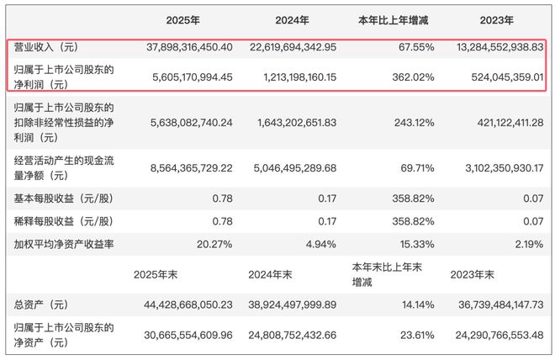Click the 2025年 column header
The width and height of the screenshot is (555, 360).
click(x=182, y=20)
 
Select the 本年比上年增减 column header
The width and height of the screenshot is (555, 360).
click(x=393, y=20)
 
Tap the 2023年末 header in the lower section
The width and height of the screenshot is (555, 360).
click(x=472, y=275)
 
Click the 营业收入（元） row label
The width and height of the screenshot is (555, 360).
click(x=45, y=47)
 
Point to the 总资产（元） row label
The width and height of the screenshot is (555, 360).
click(x=40, y=304)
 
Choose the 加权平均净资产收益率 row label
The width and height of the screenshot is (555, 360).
click(x=64, y=244)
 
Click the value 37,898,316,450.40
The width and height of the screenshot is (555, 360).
click(x=189, y=47)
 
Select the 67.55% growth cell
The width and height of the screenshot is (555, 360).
click(x=416, y=47)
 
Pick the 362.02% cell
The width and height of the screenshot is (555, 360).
click(x=413, y=77)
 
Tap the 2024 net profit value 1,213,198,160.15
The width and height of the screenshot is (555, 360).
click(x=300, y=77)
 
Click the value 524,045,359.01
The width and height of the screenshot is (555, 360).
click(x=507, y=77)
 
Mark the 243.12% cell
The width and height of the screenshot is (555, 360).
click(x=414, y=123)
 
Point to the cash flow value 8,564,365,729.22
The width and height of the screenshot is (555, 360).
click(x=192, y=167)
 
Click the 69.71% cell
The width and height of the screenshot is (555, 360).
click(x=417, y=167)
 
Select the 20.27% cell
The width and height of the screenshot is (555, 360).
click(x=214, y=244)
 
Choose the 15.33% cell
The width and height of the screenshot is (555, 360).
click(x=417, y=244)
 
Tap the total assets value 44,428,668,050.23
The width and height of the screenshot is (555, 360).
click(x=188, y=304)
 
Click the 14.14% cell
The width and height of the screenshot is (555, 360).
click(x=418, y=304)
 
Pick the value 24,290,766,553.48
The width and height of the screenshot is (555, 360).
click(x=499, y=335)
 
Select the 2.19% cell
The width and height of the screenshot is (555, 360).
click(x=529, y=244)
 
